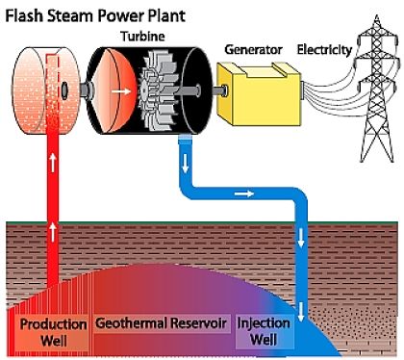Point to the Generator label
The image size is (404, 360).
(252, 47)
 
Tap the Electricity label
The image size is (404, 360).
(325, 47)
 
